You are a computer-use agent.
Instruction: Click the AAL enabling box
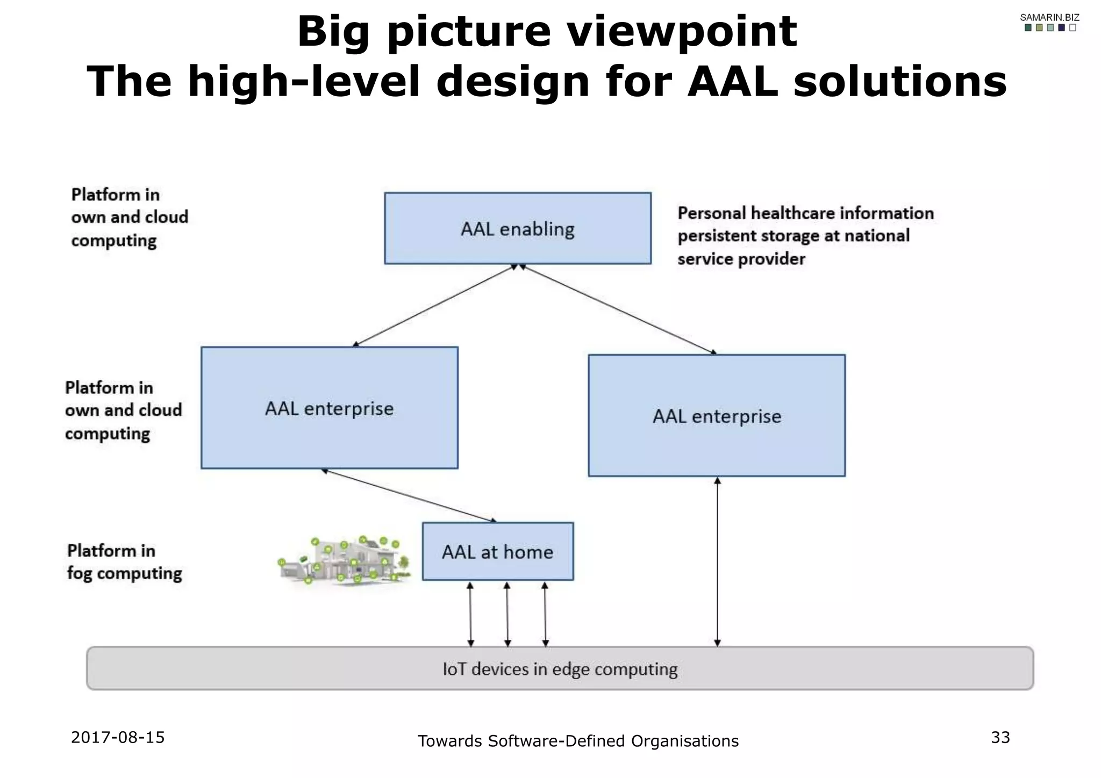(x=517, y=228)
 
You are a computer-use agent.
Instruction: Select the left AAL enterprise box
(x=329, y=408)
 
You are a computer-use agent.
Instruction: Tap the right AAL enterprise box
(x=716, y=415)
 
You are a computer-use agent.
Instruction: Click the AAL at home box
(x=497, y=551)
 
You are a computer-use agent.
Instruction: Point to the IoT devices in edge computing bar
(x=559, y=668)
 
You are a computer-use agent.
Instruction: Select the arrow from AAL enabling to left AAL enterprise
(x=433, y=305)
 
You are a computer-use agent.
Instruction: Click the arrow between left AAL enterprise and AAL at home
(x=409, y=495)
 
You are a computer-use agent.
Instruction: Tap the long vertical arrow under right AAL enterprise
(x=717, y=561)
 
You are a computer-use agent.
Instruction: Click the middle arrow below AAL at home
(x=507, y=614)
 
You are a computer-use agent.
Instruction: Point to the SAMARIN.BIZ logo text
(x=1049, y=17)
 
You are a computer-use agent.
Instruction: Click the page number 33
(x=1000, y=737)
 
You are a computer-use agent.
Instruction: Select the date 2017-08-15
(x=118, y=737)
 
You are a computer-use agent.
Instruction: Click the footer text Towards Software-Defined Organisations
(x=578, y=741)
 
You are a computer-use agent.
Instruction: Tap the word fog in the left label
(x=80, y=574)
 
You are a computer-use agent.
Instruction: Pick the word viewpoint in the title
(x=682, y=31)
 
